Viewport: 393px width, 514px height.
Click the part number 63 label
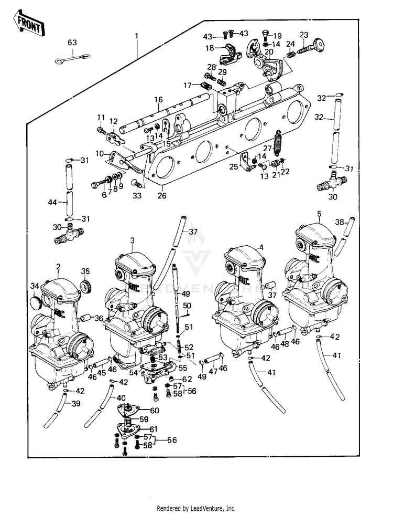pos(72,42)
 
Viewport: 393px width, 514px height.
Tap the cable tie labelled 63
pos(71,57)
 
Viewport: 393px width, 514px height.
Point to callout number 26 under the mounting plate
pos(162,196)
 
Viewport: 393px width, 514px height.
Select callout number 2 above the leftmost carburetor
pos(58,267)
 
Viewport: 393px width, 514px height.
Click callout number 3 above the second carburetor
pos(133,240)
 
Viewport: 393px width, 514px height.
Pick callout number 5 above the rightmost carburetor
pos(319,214)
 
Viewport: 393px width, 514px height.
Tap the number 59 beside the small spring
pos(143,420)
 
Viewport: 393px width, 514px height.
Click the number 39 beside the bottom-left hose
pos(76,403)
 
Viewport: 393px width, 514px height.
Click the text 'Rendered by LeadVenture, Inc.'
pos(196,509)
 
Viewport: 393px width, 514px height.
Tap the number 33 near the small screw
pos(137,196)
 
